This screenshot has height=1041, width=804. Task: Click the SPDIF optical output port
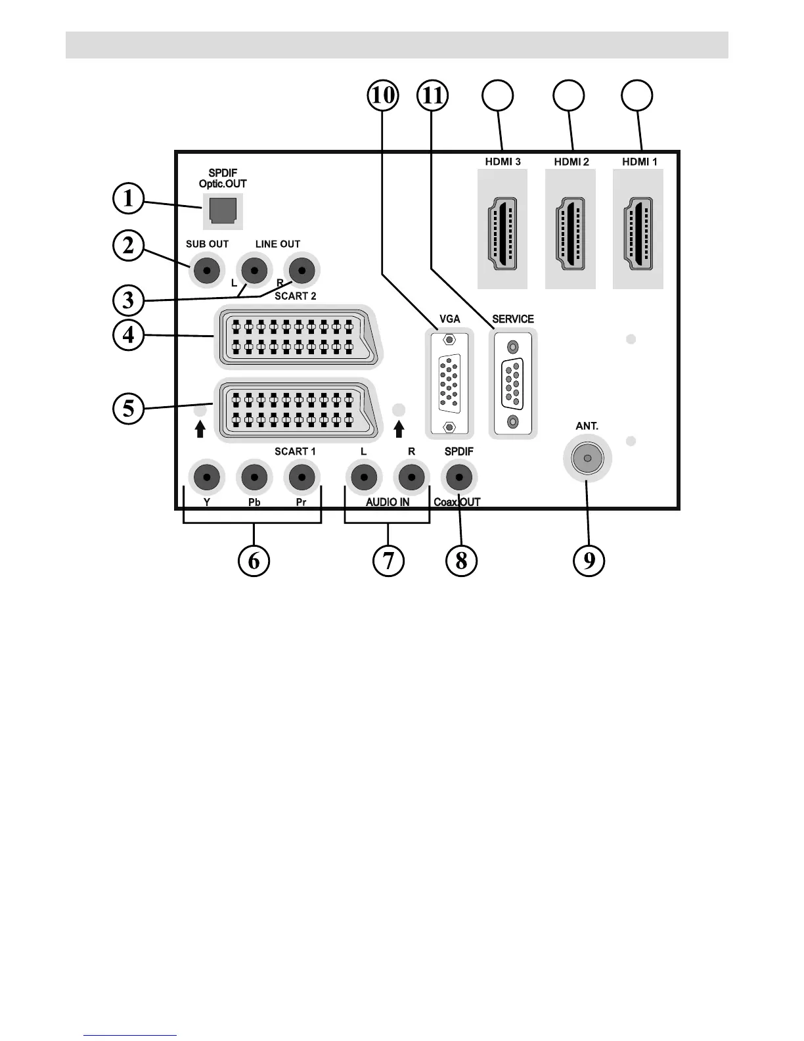(x=222, y=210)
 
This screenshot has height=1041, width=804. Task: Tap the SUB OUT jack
(x=206, y=269)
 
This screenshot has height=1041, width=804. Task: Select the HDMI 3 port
(x=502, y=233)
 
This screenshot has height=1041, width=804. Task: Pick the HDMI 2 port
(x=570, y=233)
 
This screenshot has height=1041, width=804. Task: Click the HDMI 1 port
(x=638, y=233)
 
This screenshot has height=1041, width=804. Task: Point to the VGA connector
(x=449, y=384)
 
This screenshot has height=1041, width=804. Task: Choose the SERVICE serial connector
(x=513, y=384)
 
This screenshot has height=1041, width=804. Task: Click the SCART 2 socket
(x=297, y=336)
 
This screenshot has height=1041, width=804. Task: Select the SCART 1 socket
(x=297, y=410)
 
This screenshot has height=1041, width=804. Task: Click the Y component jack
(x=207, y=477)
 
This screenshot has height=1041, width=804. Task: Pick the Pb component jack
(x=254, y=477)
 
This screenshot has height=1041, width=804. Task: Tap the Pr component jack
(x=301, y=477)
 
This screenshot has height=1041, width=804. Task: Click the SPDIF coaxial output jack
(x=458, y=477)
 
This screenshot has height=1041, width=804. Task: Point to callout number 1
(x=128, y=198)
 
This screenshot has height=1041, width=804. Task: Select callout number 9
(x=589, y=561)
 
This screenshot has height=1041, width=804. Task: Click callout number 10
(x=383, y=95)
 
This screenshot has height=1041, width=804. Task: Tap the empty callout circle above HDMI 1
(x=637, y=95)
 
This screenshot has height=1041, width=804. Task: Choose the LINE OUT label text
(x=278, y=244)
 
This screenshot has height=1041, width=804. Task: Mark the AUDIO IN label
(x=388, y=502)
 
